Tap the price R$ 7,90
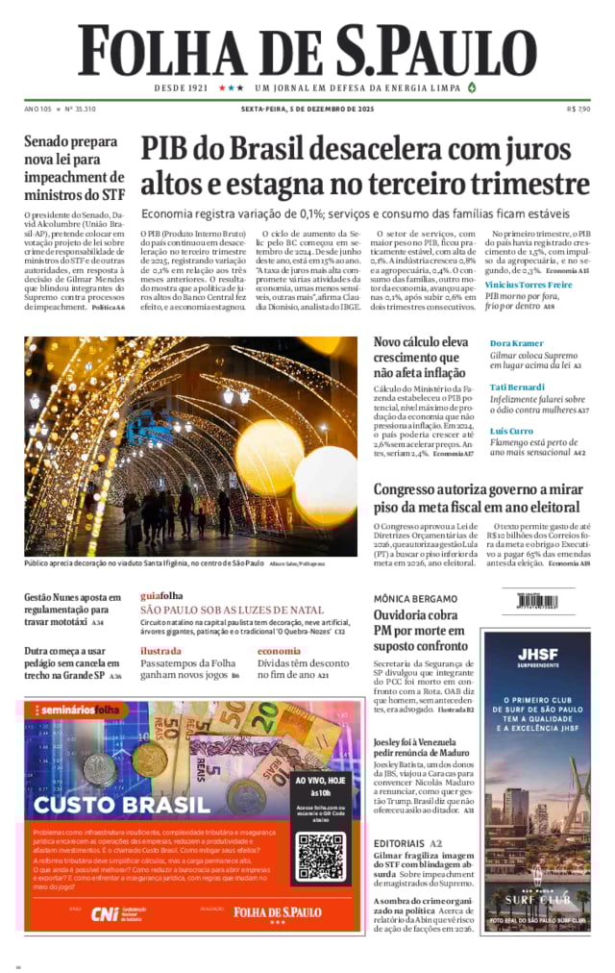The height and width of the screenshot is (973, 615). pyautogui.click(x=578, y=109)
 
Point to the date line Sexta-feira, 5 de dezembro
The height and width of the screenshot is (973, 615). pyautogui.click(x=307, y=109)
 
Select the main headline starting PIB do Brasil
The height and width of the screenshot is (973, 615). pyautogui.click(x=365, y=166)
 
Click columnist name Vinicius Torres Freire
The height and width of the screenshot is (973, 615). pyautogui.click(x=529, y=285)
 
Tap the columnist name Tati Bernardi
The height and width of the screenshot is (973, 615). pyautogui.click(x=516, y=387)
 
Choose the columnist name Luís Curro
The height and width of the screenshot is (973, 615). pyautogui.click(x=511, y=431)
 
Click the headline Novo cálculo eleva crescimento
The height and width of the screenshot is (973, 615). pyautogui.click(x=421, y=357)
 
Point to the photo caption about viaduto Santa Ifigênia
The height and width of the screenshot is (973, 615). pyautogui.click(x=144, y=562)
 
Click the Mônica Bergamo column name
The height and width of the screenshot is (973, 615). pyautogui.click(x=415, y=598)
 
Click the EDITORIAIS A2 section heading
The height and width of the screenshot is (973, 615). pyautogui.click(x=408, y=843)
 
